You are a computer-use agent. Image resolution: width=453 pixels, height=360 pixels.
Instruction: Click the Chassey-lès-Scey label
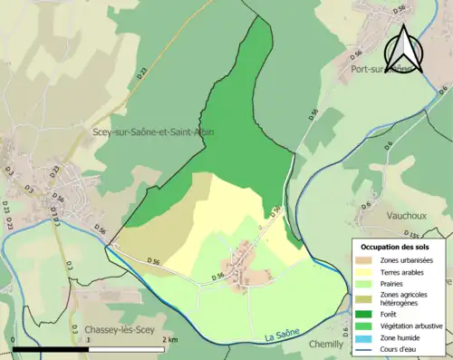click(x=115, y=328)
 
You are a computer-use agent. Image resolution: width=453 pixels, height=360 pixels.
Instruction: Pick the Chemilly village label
click(x=326, y=344)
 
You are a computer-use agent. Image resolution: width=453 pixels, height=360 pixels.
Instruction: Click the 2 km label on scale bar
click(x=170, y=340)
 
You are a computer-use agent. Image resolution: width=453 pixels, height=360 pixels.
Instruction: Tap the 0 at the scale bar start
click(x=13, y=340)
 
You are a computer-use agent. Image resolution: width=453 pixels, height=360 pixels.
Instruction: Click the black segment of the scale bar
click(x=51, y=349)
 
